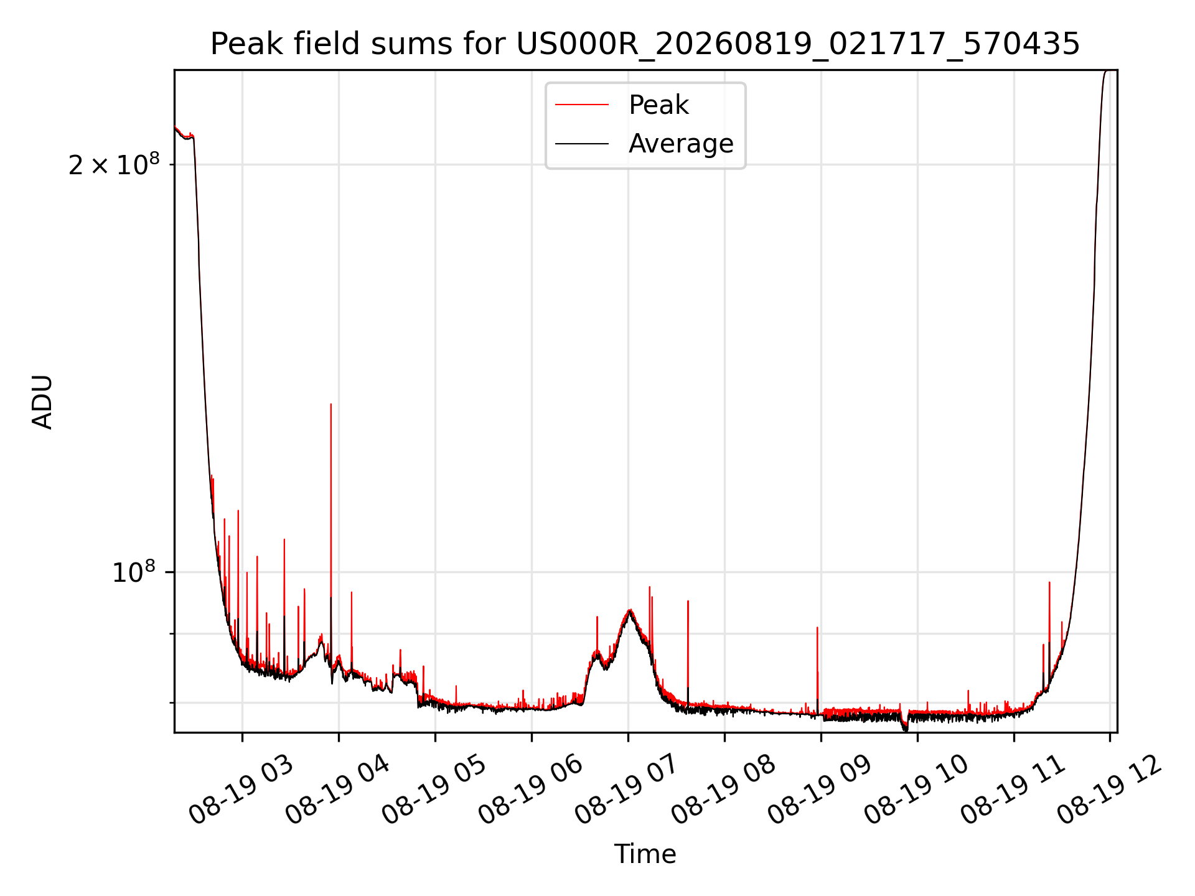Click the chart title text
(645, 44)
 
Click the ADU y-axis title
(42, 401)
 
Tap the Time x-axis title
(645, 854)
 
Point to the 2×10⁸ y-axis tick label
(114, 164)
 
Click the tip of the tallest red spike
(330, 404)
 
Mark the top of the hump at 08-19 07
(630, 610)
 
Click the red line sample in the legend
(582, 105)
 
